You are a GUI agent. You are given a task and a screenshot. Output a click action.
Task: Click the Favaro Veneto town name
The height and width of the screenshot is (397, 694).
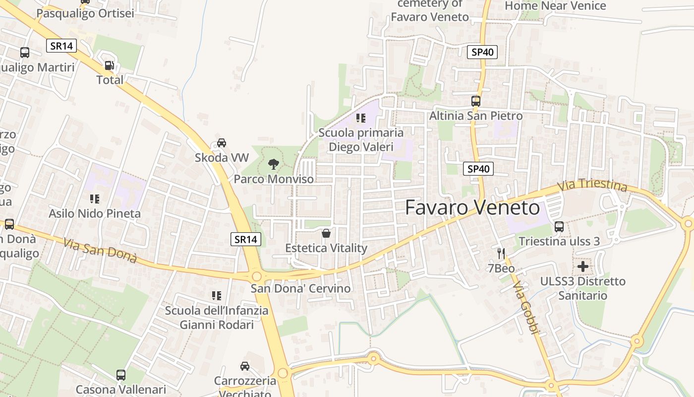[472, 207]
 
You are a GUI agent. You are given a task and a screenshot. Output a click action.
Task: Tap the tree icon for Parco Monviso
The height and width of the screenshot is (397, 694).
[273, 164]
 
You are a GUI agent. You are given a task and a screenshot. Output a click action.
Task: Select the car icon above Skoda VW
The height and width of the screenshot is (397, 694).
[222, 143]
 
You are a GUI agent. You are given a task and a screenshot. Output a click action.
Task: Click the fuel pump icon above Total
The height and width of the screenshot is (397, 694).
[109, 65]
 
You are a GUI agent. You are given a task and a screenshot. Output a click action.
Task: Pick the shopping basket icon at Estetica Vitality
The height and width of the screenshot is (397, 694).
[326, 233]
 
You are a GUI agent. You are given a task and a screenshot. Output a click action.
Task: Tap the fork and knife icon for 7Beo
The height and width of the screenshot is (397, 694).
[501, 254]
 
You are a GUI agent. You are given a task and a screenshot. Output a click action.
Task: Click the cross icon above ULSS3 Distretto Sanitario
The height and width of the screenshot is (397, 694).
[583, 266]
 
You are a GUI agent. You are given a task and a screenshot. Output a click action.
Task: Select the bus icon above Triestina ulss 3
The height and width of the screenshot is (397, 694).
[559, 227]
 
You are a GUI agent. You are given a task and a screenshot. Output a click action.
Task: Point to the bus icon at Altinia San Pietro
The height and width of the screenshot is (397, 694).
[476, 101]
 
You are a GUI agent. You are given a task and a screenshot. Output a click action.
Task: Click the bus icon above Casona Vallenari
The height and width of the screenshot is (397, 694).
[121, 375]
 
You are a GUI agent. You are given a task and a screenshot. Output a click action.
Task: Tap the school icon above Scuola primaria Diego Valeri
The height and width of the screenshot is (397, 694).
[361, 118]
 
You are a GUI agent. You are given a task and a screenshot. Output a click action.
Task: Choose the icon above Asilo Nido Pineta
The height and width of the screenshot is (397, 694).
[94, 199]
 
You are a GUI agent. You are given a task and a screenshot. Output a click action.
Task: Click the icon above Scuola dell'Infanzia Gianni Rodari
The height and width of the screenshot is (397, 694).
[216, 296]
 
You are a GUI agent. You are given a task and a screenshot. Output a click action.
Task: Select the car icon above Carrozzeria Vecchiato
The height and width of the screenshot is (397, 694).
[245, 366]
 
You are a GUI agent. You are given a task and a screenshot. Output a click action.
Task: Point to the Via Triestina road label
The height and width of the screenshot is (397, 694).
[592, 186]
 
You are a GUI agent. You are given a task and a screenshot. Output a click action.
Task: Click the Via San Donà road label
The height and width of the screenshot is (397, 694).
[100, 251]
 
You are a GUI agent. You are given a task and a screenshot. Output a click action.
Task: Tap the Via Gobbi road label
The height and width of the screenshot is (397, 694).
[525, 308]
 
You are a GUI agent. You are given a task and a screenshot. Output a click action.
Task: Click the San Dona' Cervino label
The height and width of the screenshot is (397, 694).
[300, 288]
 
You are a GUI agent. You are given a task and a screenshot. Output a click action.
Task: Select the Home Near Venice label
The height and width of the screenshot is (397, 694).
[555, 6]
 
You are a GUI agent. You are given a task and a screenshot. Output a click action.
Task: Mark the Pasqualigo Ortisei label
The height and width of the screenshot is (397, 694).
[85, 13]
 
